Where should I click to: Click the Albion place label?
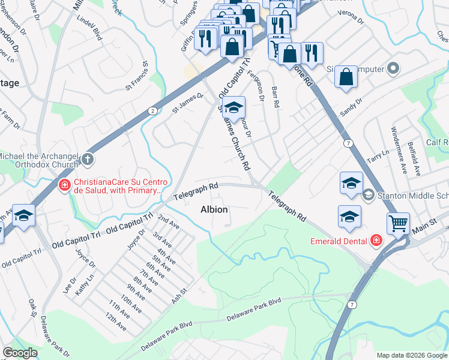tap(214, 209)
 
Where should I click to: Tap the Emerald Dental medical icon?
tap(376, 241)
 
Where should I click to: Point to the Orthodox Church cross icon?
tap(88, 159)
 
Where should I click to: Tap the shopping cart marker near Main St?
tap(397, 224)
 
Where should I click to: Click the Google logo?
tap(20, 353)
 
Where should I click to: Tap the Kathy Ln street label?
tap(85, 284)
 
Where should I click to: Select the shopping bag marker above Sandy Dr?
tap(346, 77)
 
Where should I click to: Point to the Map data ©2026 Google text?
tap(412, 355)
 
